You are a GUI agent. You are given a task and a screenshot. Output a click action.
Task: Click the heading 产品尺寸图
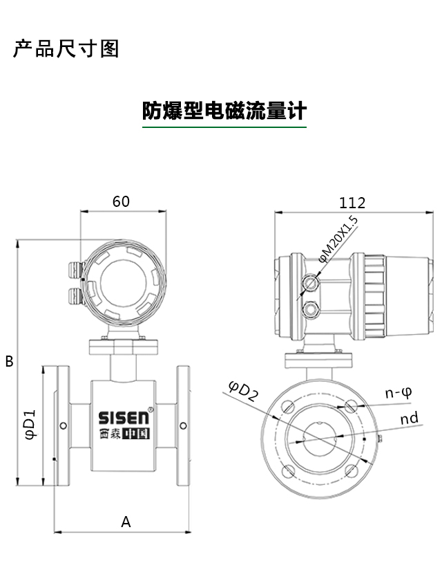[x=66, y=49]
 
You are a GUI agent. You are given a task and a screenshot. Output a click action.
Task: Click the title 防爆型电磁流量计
[x=224, y=111]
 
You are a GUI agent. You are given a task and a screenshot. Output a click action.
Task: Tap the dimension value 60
[x=121, y=201]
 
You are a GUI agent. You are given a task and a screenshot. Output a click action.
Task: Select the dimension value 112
[x=352, y=203]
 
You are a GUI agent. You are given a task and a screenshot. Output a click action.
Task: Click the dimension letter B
[x=10, y=361]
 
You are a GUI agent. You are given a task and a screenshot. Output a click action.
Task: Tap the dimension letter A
[x=126, y=522]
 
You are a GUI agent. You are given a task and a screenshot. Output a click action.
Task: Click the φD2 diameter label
[x=243, y=392]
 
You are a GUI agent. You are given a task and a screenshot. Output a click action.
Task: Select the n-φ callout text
[x=398, y=393]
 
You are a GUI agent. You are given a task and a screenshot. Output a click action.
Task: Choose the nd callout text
[x=409, y=419]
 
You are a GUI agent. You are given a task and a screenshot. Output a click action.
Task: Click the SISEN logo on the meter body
[x=123, y=418]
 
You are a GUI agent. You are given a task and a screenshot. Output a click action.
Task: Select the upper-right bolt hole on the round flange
[x=352, y=407]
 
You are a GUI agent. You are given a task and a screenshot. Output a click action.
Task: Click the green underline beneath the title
[x=224, y=127]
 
